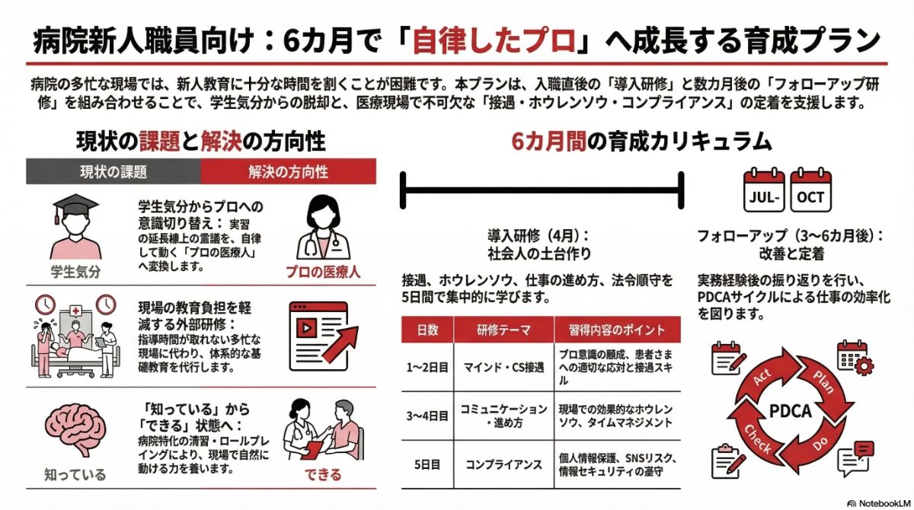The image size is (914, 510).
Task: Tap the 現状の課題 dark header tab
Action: (x=113, y=171)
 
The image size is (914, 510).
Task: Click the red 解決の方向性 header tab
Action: (x=289, y=171)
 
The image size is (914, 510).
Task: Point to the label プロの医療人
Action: (x=324, y=271)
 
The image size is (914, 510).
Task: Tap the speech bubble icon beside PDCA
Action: (x=854, y=458)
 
